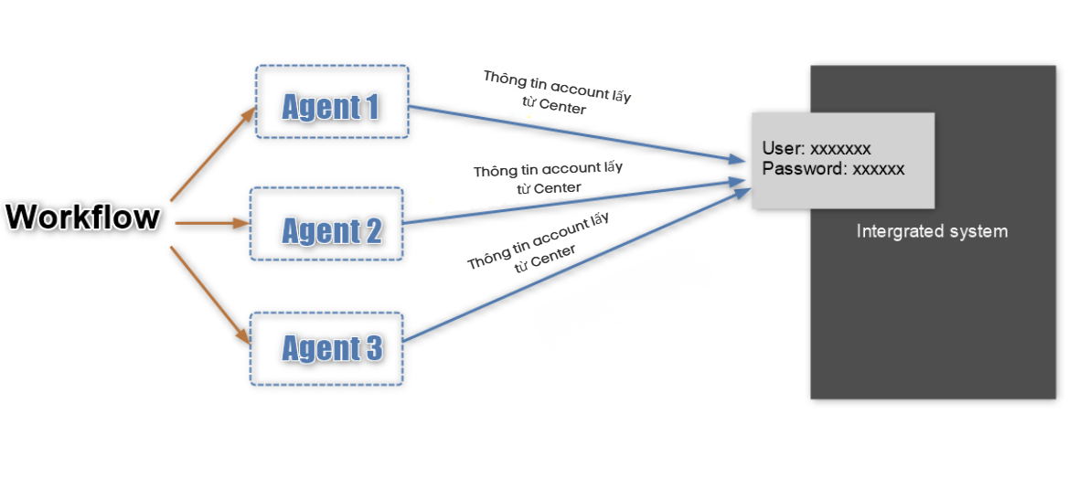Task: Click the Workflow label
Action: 83,218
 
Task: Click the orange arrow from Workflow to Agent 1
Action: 212,154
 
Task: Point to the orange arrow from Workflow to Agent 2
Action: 211,222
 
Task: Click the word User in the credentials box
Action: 783,149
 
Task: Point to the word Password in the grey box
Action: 800,169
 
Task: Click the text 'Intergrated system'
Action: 932,231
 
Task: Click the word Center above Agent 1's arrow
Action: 562,108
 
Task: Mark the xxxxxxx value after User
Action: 840,149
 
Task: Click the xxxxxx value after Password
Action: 878,169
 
